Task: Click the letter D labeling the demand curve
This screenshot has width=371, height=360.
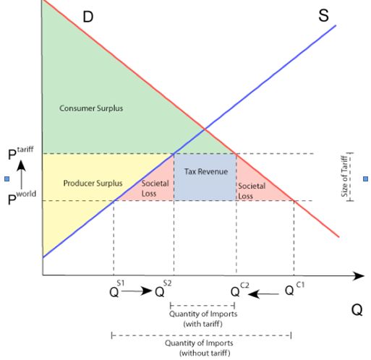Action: (88, 17)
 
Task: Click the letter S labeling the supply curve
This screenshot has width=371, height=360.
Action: (323, 15)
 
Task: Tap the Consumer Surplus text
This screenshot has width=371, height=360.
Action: (91, 108)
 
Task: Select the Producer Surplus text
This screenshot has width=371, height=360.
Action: (93, 183)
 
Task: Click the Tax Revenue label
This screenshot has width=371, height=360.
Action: (206, 171)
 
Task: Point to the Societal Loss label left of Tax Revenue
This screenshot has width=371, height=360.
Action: (155, 188)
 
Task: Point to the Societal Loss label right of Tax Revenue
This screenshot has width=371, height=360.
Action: (252, 191)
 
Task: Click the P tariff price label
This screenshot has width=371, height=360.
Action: (21, 153)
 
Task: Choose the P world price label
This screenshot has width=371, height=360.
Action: (22, 197)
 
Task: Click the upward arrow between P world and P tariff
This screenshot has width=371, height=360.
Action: (22, 175)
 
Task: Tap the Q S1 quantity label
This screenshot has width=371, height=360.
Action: (117, 289)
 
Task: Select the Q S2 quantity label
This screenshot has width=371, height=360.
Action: (163, 289)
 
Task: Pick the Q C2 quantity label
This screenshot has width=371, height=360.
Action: (239, 289)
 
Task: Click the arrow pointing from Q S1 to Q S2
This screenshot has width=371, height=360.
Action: (137, 291)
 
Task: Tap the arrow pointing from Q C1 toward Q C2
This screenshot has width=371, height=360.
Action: (263, 294)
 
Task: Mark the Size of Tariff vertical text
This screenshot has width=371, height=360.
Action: (345, 176)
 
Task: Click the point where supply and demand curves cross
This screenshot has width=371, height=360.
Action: (205, 129)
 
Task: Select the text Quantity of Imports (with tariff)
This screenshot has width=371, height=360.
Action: (203, 319)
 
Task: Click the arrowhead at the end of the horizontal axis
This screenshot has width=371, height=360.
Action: (359, 275)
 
